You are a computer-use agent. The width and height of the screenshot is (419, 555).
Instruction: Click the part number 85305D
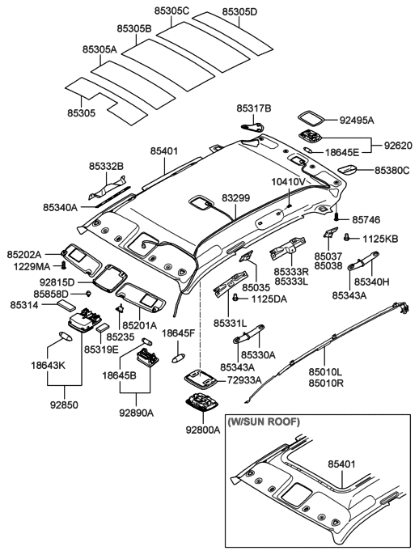215,12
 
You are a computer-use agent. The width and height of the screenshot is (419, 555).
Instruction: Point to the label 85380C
391,171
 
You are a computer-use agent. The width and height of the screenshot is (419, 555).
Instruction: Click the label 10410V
289,182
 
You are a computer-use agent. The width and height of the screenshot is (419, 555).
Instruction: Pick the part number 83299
236,197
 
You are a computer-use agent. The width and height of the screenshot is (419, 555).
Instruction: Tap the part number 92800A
205,430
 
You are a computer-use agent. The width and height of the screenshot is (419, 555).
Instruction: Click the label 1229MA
28,265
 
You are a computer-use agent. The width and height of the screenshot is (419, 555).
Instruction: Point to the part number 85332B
107,166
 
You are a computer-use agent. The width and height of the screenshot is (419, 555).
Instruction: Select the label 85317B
254,108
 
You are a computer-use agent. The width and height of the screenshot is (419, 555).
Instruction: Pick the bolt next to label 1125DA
235,298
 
